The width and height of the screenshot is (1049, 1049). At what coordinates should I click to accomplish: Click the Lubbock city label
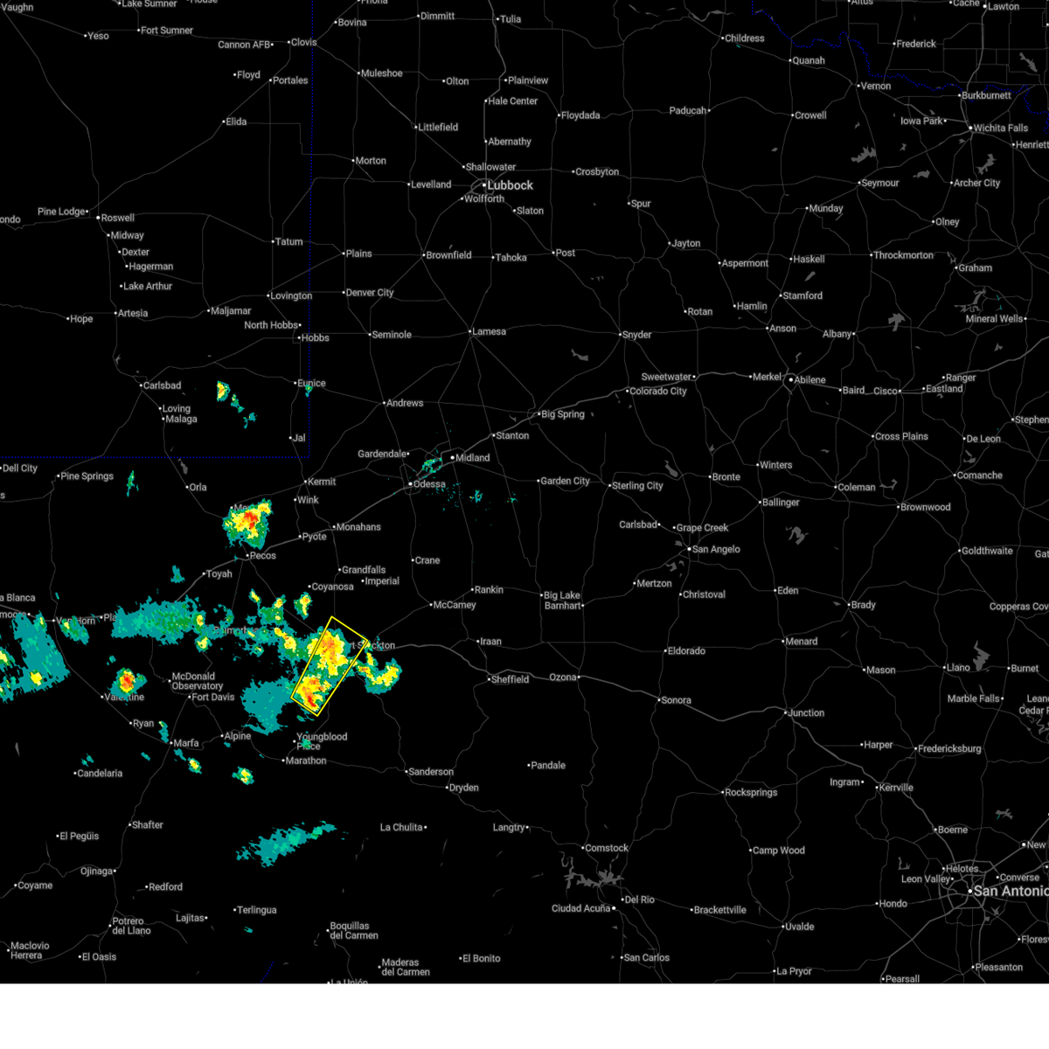click(x=509, y=185)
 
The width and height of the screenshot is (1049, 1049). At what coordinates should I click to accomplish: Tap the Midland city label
click(x=472, y=457)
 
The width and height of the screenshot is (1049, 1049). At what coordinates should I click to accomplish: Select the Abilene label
click(x=809, y=380)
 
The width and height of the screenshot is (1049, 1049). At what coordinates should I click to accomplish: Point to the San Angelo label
click(x=716, y=549)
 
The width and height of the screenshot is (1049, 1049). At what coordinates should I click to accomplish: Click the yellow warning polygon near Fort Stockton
click(x=329, y=666)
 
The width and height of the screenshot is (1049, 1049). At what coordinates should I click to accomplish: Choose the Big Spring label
click(x=562, y=414)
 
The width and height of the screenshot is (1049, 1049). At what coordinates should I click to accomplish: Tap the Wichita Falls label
click(x=1000, y=128)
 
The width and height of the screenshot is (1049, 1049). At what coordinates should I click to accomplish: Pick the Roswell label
click(x=117, y=218)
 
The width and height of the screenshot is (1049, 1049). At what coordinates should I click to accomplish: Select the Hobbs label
click(x=315, y=337)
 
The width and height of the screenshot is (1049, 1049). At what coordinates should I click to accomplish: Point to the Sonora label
click(x=676, y=700)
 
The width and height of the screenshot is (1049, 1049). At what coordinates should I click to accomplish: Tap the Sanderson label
click(x=431, y=772)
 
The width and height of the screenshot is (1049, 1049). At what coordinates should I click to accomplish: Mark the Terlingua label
click(x=256, y=910)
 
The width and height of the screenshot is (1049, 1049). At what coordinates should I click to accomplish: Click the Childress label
click(x=744, y=38)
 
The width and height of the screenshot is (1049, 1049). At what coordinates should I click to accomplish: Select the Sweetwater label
click(x=666, y=377)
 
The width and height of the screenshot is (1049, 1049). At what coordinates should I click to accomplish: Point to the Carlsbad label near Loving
click(x=162, y=386)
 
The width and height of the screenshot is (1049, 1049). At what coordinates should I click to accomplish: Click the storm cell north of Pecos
click(x=248, y=523)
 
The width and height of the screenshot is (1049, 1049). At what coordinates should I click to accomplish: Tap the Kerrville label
click(x=896, y=788)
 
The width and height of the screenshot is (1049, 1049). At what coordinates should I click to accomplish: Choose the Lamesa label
click(x=489, y=331)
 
